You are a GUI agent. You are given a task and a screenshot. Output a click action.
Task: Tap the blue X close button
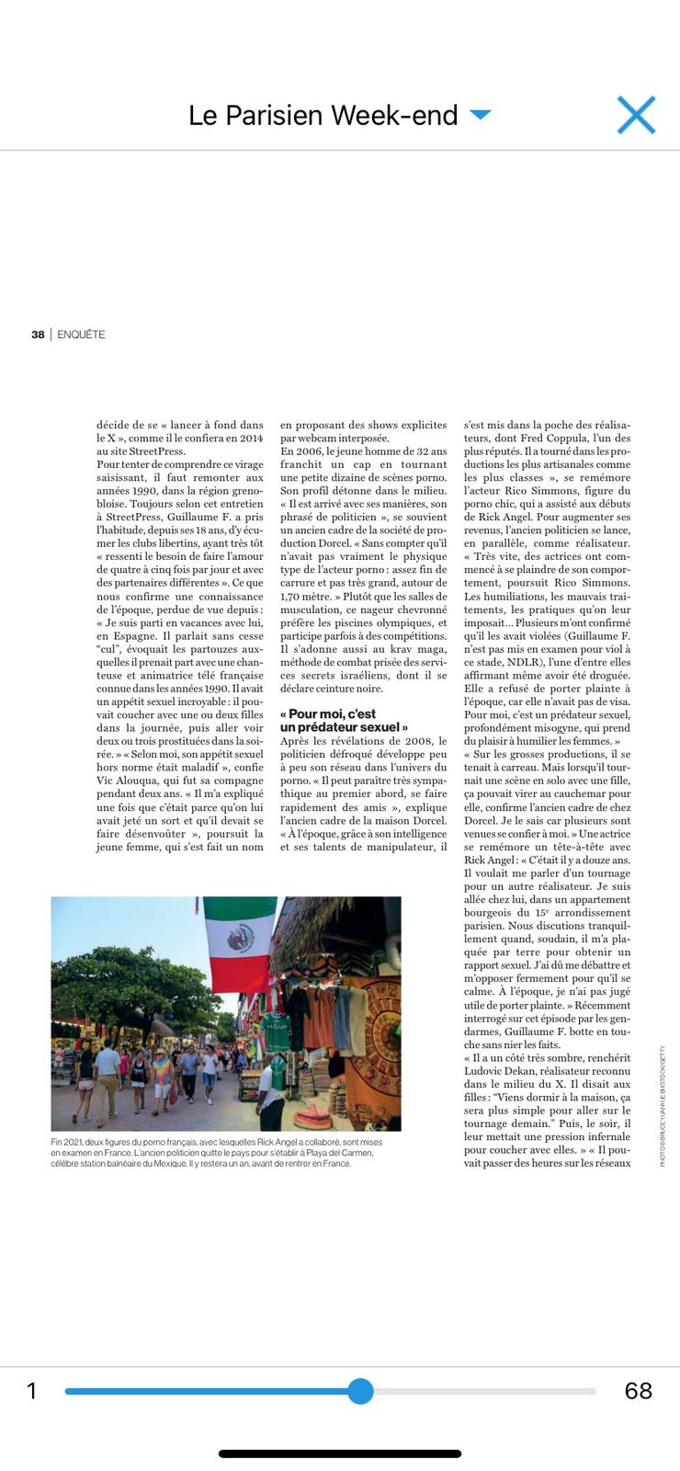coord(636,115)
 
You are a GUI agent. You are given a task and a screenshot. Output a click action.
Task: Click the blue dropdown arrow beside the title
coord(480,115)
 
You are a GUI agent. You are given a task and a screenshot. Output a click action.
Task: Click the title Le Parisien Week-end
coord(323,115)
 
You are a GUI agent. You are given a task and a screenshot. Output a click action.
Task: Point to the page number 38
coord(38,335)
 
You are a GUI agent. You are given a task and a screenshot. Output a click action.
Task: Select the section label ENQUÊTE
coord(81,335)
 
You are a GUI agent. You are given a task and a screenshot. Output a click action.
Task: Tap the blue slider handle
coord(360,1391)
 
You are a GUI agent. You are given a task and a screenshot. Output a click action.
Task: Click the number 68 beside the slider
coord(638,1391)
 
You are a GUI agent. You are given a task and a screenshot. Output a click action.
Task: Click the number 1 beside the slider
coord(31,1391)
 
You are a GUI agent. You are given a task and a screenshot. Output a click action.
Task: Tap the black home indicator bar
coord(340,1454)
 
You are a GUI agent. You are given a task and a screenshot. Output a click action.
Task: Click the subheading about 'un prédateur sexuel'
coord(345,720)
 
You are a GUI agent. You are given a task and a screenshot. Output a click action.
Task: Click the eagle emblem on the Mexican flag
coord(241,939)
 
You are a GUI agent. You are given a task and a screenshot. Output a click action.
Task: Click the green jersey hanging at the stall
coord(276,1029)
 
